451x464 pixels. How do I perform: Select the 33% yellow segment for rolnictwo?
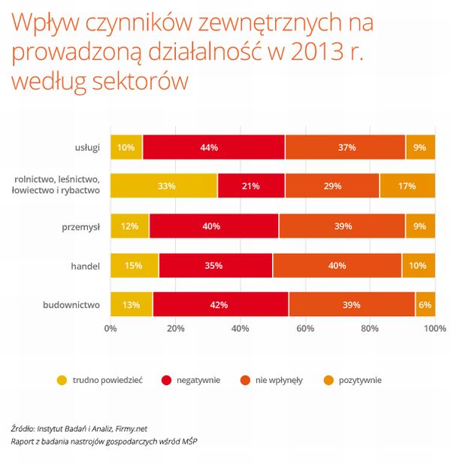click(164, 185)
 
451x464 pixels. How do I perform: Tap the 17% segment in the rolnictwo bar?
click(407, 185)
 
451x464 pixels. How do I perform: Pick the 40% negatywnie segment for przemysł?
click(213, 226)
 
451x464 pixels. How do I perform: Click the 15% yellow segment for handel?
click(135, 266)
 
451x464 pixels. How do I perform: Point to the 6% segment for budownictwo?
click(425, 305)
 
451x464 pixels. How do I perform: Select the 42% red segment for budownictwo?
click(220, 305)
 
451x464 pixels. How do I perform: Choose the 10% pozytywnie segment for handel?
click(418, 266)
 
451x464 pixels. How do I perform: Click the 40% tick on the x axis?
click(241, 328)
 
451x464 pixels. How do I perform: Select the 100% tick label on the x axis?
click(434, 328)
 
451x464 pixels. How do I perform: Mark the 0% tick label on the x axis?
click(110, 328)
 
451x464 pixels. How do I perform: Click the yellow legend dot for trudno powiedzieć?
click(62, 381)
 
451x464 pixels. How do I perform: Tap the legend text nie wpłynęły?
click(279, 381)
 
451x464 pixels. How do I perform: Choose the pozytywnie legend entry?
click(359, 381)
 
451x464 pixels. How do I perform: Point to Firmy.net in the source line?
click(129, 427)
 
